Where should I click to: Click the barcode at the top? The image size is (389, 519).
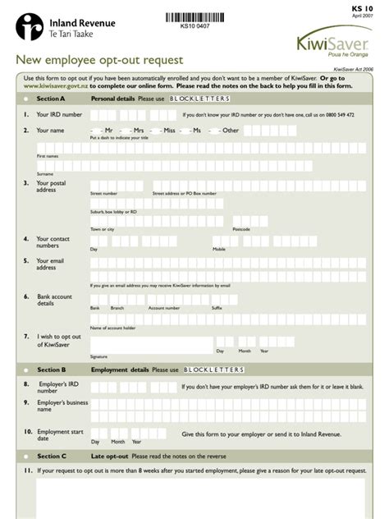tap(194, 17)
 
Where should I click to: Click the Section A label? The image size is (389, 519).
tap(51, 98)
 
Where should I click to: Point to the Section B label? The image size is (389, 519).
tap(51, 370)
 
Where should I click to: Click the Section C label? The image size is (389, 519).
tap(51, 456)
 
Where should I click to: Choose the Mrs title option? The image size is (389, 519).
tap(139, 131)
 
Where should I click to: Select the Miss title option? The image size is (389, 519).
tap(169, 131)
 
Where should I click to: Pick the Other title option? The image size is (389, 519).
tap(231, 131)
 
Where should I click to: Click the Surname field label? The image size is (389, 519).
tap(45, 173)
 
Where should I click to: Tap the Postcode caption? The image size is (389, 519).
tap(241, 229)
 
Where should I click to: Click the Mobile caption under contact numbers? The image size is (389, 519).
tap(219, 249)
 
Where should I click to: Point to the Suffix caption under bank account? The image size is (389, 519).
tap(217, 308)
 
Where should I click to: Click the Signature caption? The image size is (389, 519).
tap(98, 356)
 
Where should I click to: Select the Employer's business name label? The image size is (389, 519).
tap(62, 407)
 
